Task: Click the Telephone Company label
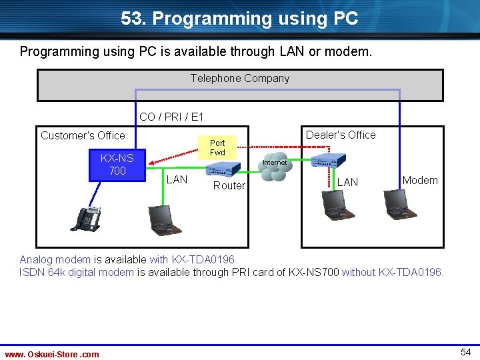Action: tap(240, 79)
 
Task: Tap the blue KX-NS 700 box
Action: tap(117, 165)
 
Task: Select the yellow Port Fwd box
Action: tap(217, 148)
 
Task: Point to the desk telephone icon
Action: tap(85, 218)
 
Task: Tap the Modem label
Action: tap(420, 180)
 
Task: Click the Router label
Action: tap(229, 185)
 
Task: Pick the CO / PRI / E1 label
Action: tap(171, 117)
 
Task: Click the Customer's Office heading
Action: tap(83, 135)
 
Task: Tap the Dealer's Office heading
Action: tap(341, 135)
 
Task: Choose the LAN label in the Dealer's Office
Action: tap(347, 182)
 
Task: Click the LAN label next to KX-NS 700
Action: tap(177, 179)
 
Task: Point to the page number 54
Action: tap(466, 351)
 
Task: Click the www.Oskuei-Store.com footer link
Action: tap(52, 354)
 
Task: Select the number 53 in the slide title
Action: tap(131, 19)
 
